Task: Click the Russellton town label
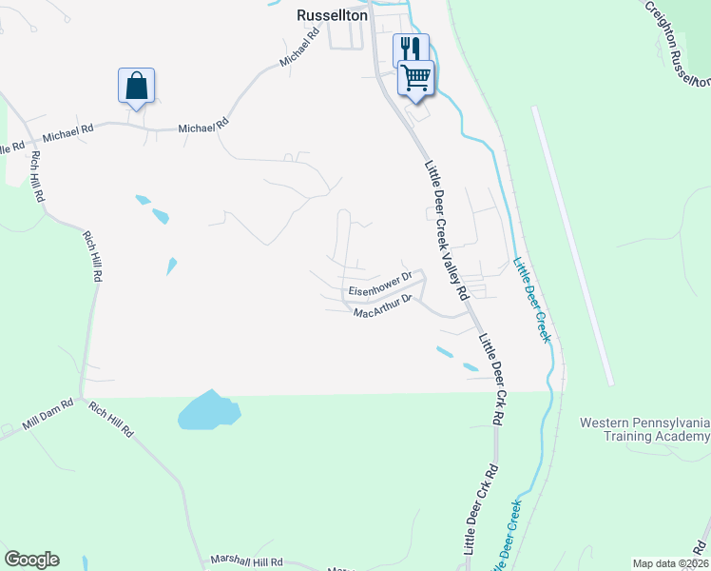coord(332,15)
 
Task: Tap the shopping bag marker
coord(136,86)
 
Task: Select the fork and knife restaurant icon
coord(411,49)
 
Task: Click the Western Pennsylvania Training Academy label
coord(645,428)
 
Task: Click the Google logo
coord(31,560)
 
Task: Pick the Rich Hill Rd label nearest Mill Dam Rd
coord(111,419)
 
